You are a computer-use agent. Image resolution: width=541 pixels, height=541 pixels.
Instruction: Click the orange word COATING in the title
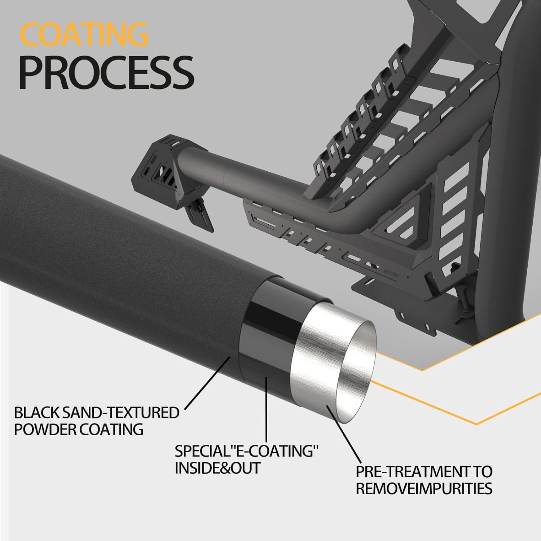[84, 34]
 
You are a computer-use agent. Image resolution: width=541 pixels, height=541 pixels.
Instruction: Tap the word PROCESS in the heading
[106, 73]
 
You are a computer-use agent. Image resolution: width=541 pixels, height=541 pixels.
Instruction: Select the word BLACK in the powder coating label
[37, 413]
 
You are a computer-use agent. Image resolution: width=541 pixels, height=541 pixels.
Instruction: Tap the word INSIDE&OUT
[217, 468]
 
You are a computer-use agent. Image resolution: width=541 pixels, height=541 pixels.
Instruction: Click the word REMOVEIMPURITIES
[424, 489]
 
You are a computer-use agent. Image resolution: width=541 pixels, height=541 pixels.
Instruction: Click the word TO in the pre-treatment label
[482, 471]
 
